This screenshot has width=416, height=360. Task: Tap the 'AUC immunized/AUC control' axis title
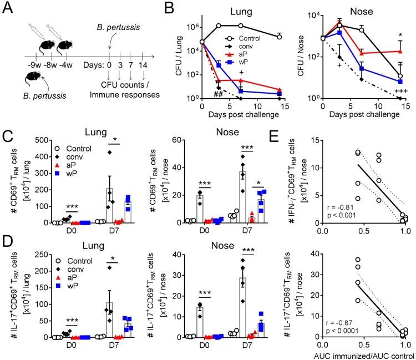click(x=361, y=353)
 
